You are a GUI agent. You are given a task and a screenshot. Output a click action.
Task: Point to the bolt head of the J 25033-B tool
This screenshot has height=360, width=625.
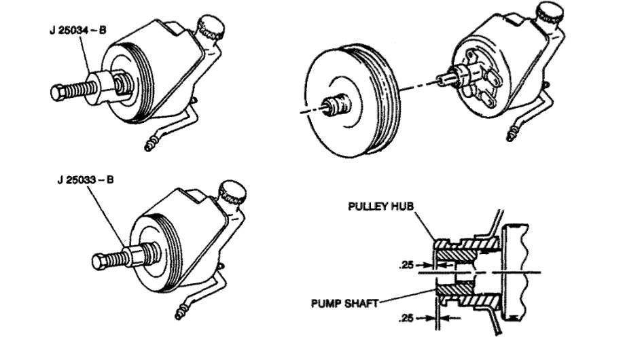99,261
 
